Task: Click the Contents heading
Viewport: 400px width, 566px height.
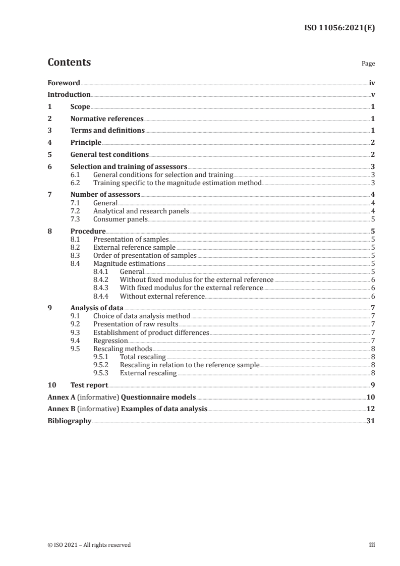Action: pyautogui.click(x=69, y=63)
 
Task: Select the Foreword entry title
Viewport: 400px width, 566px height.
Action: pyautogui.click(x=64, y=83)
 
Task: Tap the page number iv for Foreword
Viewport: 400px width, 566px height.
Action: pyautogui.click(x=372, y=83)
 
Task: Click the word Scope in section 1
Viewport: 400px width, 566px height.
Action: pyautogui.click(x=80, y=107)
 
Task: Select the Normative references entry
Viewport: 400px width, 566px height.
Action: pyautogui.click(x=107, y=119)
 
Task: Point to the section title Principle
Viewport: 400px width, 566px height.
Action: pyautogui.click(x=86, y=142)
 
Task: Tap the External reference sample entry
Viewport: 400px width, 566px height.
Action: pyautogui.click(x=134, y=247)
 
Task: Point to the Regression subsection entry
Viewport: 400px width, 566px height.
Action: pyautogui.click(x=110, y=340)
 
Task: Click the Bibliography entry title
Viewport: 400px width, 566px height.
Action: pyautogui.click(x=69, y=421)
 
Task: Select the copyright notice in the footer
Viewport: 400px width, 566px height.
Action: pyautogui.click(x=89, y=544)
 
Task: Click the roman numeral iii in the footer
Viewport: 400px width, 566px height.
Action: pyautogui.click(x=372, y=544)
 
